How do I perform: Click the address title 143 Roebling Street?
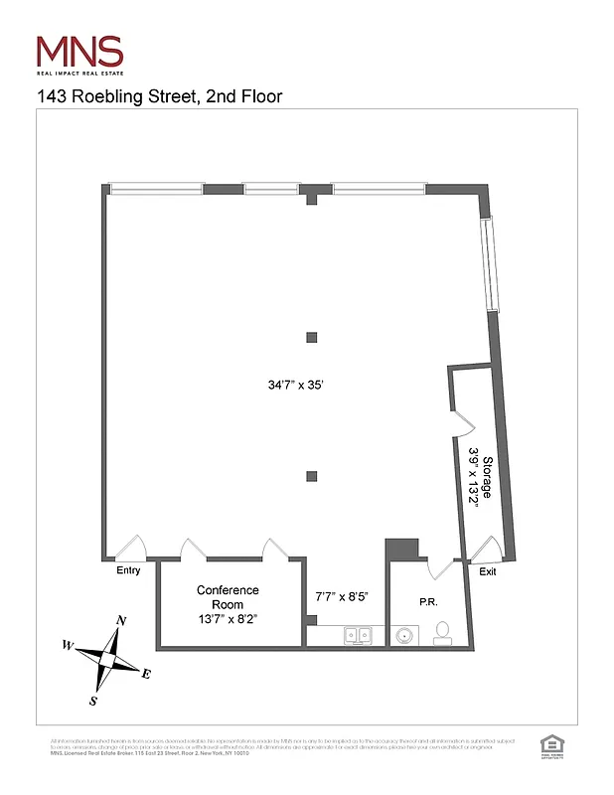(159, 96)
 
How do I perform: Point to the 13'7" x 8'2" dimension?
(228, 618)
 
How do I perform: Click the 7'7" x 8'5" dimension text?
(341, 597)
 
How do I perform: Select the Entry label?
(128, 570)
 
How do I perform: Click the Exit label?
(488, 571)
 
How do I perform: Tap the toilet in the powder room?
(443, 632)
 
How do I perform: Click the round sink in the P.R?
(405, 634)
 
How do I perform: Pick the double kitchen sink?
(358, 635)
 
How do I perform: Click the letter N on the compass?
(121, 621)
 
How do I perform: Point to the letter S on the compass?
(93, 701)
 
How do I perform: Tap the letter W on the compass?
(69, 644)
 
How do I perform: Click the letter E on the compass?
(146, 675)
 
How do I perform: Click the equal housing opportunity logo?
(548, 744)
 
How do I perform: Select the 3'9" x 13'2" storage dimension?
(474, 477)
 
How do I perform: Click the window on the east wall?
(488, 263)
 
